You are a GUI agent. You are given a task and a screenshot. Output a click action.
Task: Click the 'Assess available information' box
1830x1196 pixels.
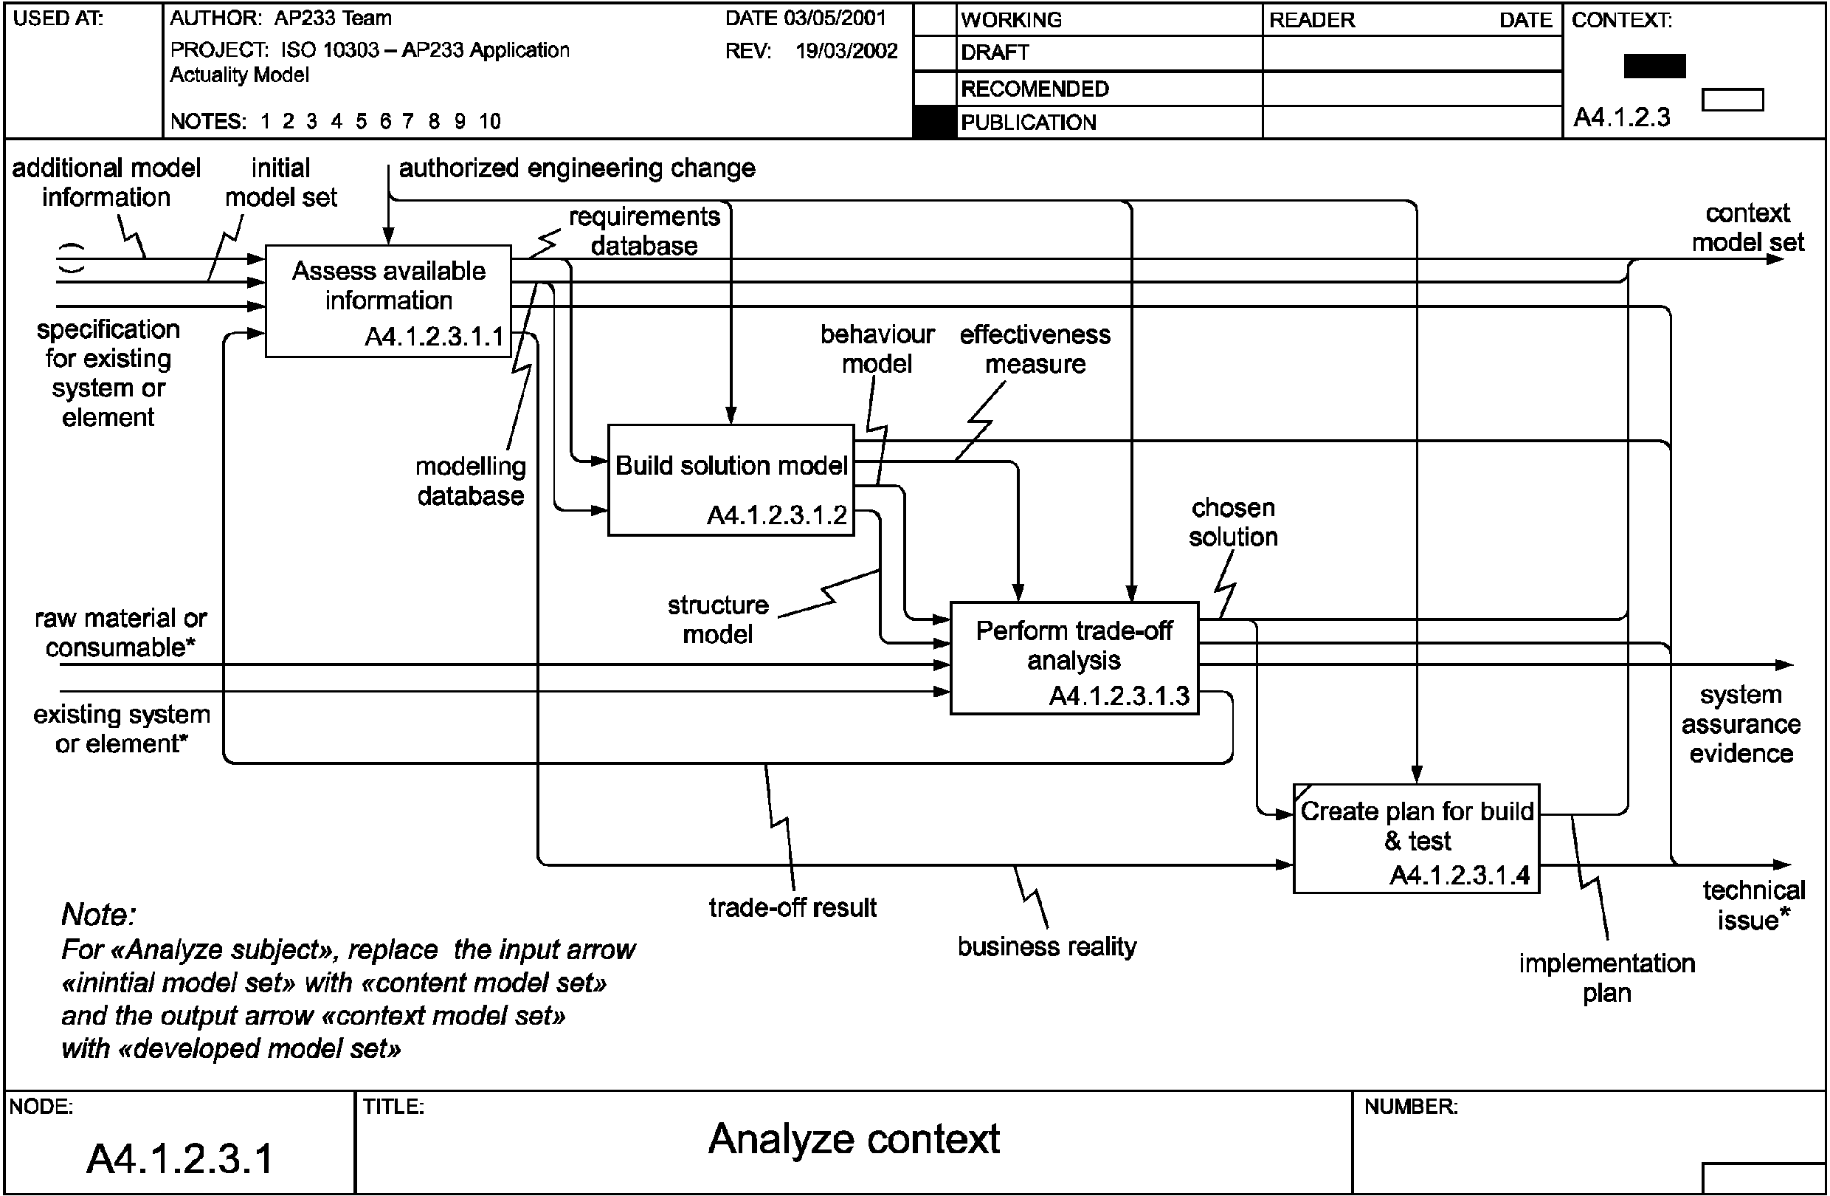click(388, 300)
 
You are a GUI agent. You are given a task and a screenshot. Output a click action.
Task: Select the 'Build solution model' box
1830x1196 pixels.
click(731, 480)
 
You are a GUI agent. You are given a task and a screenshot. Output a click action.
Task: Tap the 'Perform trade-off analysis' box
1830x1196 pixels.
click(1074, 658)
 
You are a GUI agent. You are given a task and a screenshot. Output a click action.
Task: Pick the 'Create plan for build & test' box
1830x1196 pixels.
click(1416, 838)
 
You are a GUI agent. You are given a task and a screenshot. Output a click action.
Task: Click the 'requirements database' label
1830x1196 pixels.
click(644, 231)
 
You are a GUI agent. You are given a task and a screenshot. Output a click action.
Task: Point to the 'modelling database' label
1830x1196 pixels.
click(471, 481)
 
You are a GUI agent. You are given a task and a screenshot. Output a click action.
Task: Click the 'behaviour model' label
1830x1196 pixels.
click(877, 349)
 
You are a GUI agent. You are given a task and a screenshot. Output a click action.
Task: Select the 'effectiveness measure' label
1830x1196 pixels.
click(1035, 349)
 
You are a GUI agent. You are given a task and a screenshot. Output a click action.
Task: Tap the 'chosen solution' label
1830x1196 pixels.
click(1233, 522)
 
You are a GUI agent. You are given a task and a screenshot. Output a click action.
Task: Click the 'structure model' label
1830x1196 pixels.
click(718, 619)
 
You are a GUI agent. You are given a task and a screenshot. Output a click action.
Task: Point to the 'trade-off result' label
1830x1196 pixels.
click(792, 907)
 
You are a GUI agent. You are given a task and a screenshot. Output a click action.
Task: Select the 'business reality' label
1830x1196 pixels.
click(1046, 946)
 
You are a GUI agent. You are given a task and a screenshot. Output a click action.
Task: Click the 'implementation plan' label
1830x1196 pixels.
click(1607, 977)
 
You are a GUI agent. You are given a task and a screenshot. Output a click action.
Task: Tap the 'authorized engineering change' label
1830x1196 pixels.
click(577, 168)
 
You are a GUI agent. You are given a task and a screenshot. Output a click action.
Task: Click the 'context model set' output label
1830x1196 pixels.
click(1748, 227)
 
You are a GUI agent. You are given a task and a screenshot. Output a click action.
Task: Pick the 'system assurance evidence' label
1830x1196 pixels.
click(1741, 724)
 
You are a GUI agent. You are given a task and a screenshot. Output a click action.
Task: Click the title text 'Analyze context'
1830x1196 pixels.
click(854, 1139)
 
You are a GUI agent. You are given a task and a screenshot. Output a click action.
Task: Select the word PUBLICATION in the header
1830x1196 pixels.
click(1028, 123)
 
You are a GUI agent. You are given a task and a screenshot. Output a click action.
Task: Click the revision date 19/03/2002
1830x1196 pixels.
click(846, 51)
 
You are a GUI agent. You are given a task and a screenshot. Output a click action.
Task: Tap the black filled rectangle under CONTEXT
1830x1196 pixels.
click(1654, 66)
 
